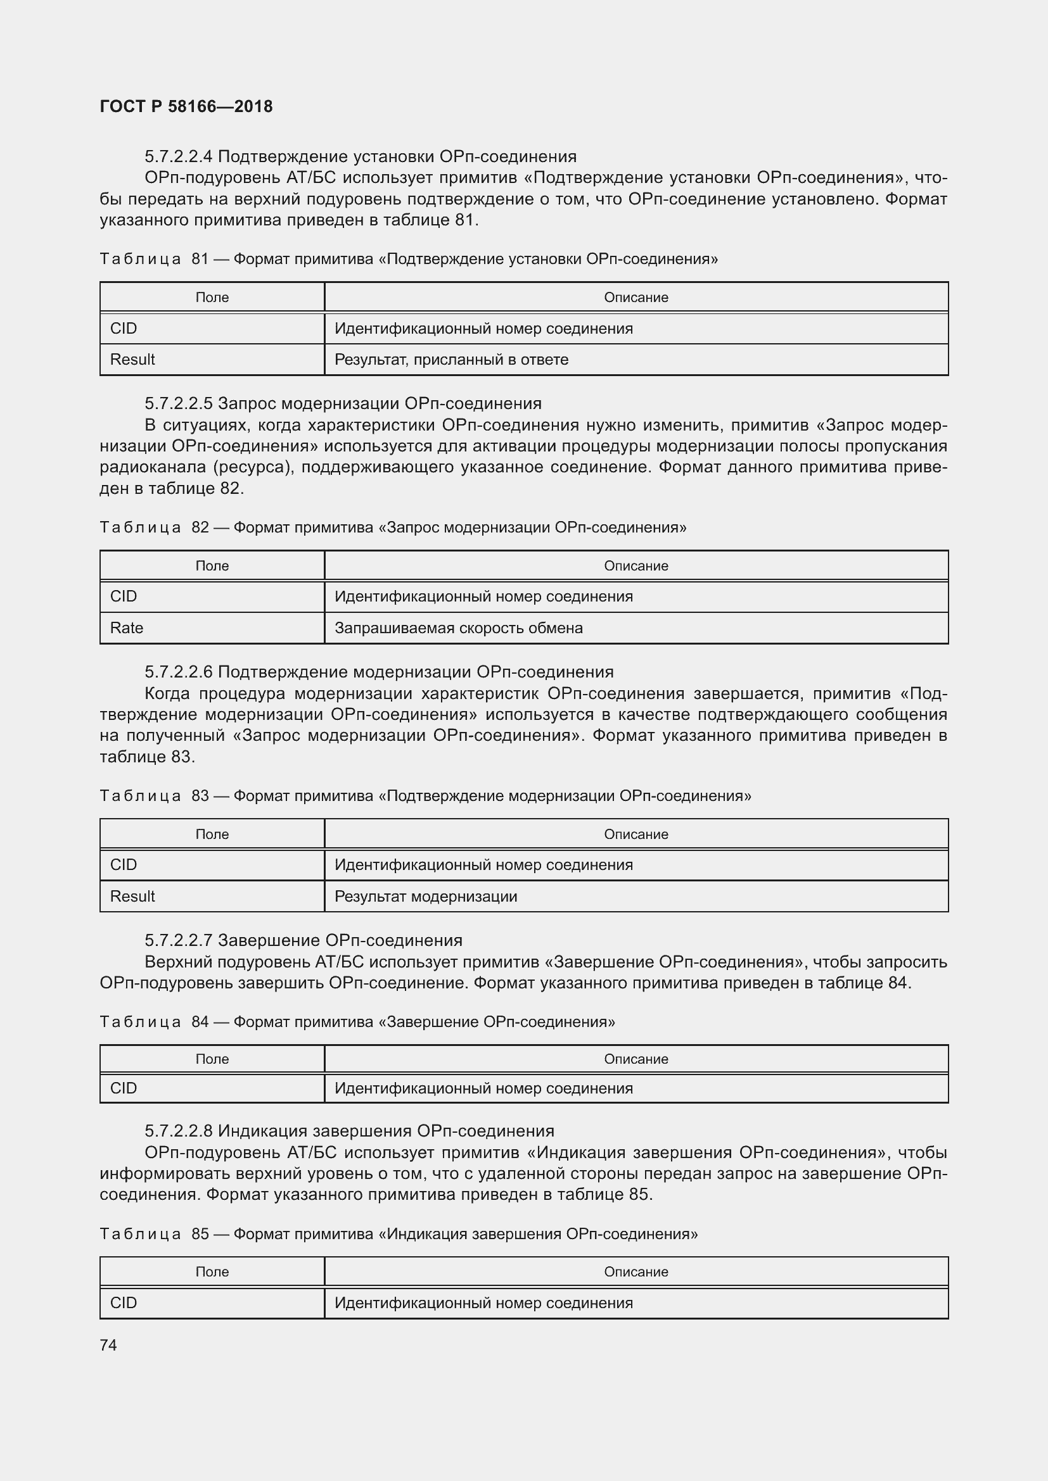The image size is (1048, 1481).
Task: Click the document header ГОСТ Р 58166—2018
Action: click(x=186, y=106)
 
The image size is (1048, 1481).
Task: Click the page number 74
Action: click(x=108, y=1345)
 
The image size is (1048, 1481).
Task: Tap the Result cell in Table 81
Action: click(x=132, y=359)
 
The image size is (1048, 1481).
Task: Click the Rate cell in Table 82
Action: click(x=127, y=627)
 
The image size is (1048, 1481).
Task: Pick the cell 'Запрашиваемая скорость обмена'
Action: click(x=458, y=627)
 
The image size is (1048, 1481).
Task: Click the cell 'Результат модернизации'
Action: click(x=425, y=896)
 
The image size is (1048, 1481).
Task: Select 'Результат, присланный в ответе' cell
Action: click(x=451, y=359)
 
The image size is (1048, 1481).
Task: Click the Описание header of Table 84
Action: click(x=636, y=1059)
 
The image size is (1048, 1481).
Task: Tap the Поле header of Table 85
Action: click(x=212, y=1271)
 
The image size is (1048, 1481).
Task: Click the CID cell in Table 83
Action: click(x=124, y=864)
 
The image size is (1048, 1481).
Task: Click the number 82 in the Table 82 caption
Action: click(x=200, y=527)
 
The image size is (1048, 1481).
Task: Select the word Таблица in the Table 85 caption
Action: click(x=140, y=1234)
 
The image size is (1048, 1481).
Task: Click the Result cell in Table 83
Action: click(x=132, y=896)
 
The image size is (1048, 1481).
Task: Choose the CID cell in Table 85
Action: click(x=124, y=1302)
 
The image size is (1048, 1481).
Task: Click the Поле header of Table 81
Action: click(x=212, y=298)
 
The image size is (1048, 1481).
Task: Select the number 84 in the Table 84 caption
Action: click(x=200, y=1022)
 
